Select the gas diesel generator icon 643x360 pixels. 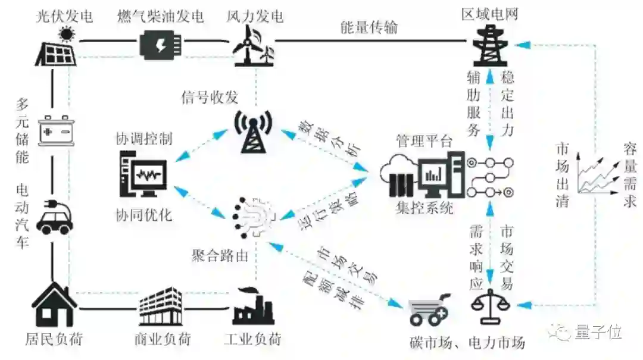tap(160, 44)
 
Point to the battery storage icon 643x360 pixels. tap(56, 129)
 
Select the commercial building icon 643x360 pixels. tap(160, 307)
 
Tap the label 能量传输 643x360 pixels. tap(369, 27)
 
